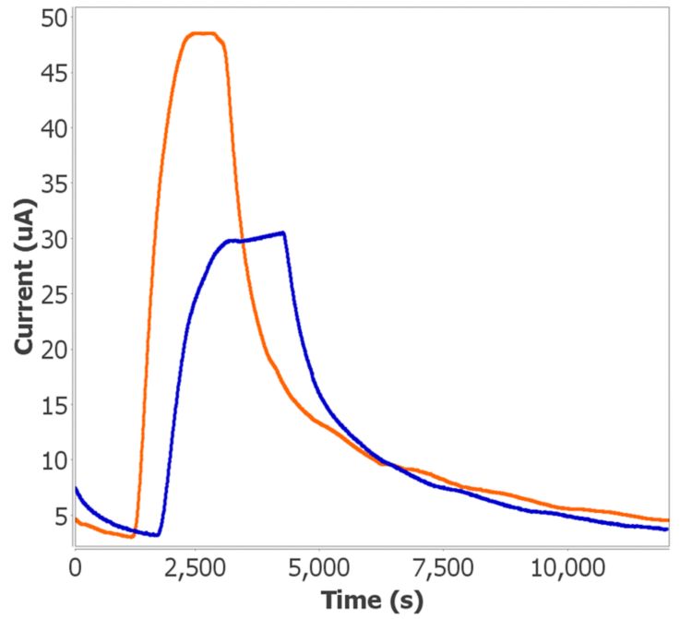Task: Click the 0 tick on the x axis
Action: [x=76, y=565]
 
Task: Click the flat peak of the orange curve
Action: [x=202, y=34]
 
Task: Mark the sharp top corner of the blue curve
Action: [x=283, y=232]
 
